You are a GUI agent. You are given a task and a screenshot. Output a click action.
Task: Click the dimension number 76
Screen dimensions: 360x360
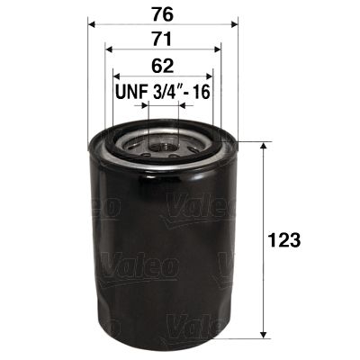click(162, 13)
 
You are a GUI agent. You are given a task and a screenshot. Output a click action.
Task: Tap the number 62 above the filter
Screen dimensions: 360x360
click(162, 65)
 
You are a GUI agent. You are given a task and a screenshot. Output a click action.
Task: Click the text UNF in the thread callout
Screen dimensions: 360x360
click(130, 92)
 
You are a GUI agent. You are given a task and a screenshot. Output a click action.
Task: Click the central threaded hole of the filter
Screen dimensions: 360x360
click(162, 142)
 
